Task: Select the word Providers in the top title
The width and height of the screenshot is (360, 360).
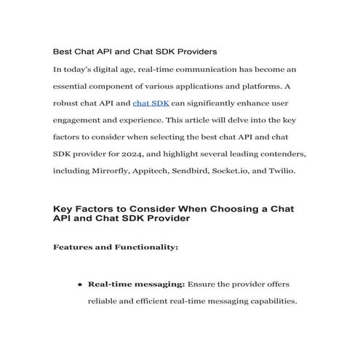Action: pos(195,52)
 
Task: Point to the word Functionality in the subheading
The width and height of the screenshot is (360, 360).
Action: pos(142,247)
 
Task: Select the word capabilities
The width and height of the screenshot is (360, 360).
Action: pos(268,301)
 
